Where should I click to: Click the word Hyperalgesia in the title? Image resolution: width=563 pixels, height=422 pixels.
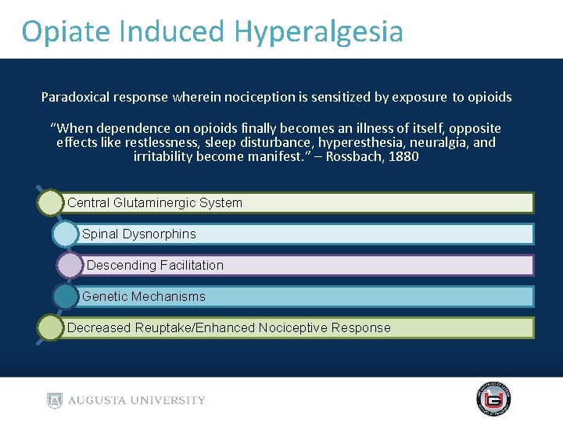point(317,31)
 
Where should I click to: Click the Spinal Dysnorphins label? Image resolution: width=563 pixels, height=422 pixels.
point(139,234)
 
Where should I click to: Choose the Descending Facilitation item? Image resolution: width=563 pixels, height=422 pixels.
point(155,265)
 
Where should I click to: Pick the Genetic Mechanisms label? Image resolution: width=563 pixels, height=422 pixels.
point(144,296)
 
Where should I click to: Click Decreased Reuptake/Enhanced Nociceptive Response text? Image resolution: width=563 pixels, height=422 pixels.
point(228,327)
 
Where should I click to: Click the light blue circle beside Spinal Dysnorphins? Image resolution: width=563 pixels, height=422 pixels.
point(65,234)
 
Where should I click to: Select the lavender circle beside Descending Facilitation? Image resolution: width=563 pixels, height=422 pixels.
point(70,265)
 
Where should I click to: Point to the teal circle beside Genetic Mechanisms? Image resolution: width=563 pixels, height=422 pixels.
point(66,296)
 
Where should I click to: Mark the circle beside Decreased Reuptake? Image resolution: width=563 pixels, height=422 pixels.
point(50,327)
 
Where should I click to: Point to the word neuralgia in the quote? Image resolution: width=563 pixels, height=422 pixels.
point(441,142)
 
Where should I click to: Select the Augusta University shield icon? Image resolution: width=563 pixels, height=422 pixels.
point(54,400)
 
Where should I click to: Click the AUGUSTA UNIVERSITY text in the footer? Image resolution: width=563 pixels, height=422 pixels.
point(137,400)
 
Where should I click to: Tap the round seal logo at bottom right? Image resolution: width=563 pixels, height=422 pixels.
point(493,399)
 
